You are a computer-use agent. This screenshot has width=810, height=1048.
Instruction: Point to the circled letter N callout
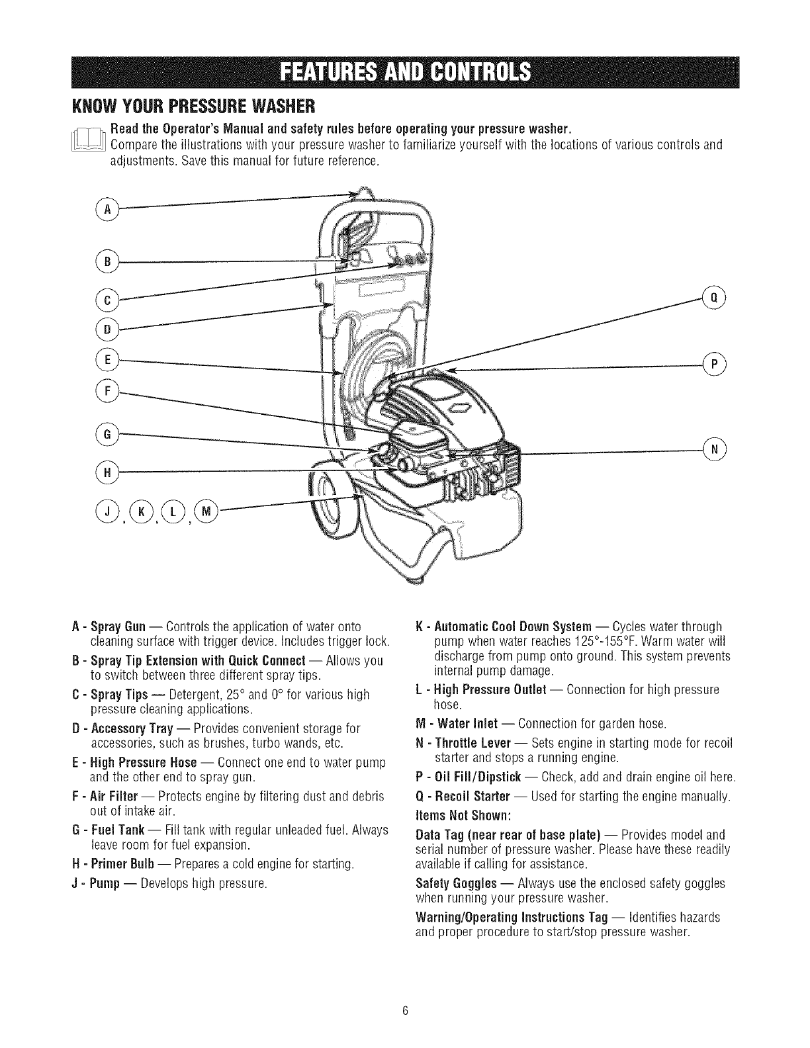click(x=715, y=448)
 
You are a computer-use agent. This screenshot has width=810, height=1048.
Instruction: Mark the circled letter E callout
click(x=105, y=359)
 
